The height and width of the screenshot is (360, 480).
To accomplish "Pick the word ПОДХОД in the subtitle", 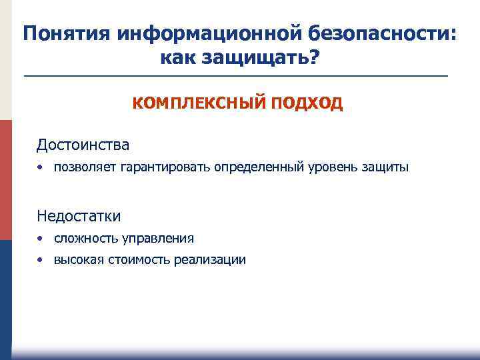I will pos(307,103).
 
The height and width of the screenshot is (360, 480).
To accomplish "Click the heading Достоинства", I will pos(83,145).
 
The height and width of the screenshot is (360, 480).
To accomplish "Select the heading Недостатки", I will pos(79,216).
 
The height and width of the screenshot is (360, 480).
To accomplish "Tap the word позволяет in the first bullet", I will pos(85,167).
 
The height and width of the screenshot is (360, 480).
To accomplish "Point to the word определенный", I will pos(259,167).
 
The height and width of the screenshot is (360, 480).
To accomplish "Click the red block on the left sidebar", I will pos(6,180).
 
